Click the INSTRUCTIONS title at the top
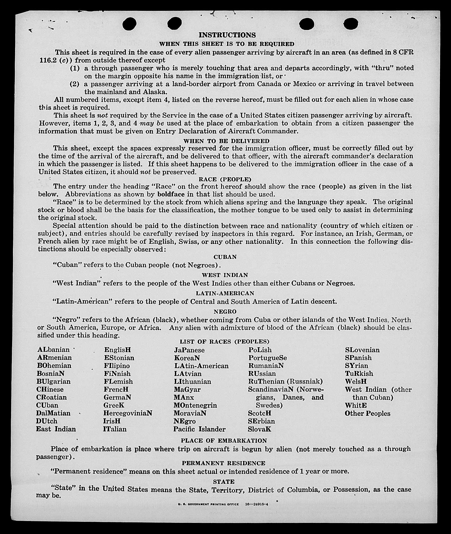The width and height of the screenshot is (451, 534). pos(227,35)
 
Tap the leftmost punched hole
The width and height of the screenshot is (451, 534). pos(130,24)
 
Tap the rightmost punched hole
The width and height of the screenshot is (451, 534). pos(351,24)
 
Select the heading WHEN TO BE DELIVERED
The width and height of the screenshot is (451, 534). pos(226,141)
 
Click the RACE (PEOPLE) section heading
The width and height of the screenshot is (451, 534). pos(225,179)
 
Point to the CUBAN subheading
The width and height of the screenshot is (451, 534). pos(225,257)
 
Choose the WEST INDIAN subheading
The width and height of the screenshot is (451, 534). pos(225,275)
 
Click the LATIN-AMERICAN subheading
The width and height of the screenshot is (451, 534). pos(225,293)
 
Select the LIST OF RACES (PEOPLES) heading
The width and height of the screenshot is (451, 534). pos(225,342)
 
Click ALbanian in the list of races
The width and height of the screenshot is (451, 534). pos(53,350)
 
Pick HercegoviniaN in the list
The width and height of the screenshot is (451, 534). pos(127,413)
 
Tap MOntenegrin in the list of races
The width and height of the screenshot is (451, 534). pos(195,405)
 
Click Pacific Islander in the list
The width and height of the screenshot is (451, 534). pos(199,429)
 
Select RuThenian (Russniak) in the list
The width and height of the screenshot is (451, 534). pos(285,381)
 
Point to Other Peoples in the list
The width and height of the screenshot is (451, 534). pos(367,413)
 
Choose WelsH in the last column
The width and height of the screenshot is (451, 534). pos(356,381)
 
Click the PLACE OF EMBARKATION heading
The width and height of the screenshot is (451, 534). pos(224,440)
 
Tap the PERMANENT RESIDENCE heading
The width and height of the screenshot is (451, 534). pos(224,463)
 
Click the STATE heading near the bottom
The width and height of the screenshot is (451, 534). pos(224,482)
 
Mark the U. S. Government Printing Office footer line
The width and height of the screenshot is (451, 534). pos(223,505)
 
